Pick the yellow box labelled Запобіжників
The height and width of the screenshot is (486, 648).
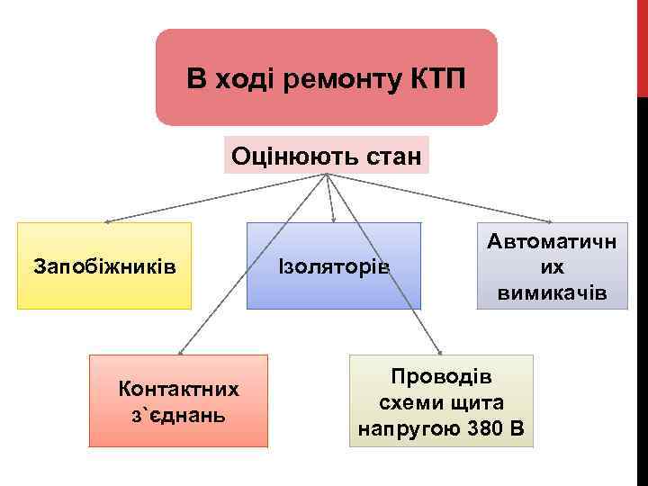point(104,266)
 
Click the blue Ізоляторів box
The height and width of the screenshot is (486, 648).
point(334,266)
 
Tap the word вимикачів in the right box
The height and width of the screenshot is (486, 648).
point(553,293)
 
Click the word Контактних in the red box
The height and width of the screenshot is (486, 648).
point(178,389)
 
